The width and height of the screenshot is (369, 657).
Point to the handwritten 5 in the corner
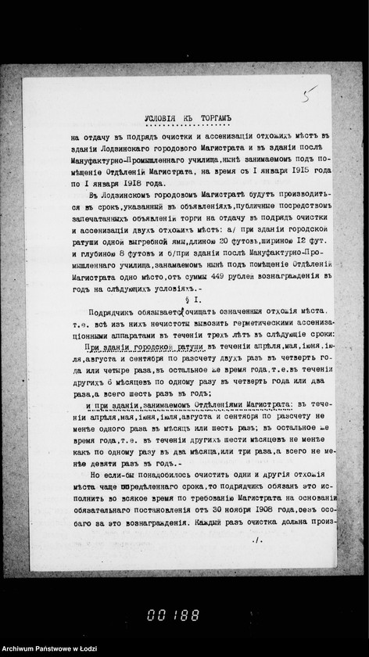tap(310, 93)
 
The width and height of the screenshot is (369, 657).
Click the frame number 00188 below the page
tap(173, 614)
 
